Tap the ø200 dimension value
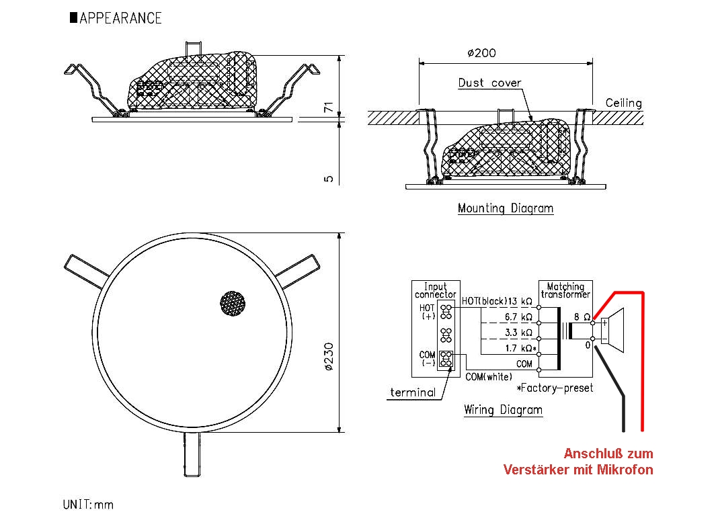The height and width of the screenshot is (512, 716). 481,53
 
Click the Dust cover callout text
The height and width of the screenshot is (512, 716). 489,83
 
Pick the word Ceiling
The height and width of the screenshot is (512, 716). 623,103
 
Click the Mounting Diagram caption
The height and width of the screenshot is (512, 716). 506,208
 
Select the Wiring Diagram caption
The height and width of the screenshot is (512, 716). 503,409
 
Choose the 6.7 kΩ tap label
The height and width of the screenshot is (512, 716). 518,316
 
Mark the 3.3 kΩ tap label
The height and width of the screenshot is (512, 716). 518,332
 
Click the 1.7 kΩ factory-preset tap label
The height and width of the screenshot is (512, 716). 520,348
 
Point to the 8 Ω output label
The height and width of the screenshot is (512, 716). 582,316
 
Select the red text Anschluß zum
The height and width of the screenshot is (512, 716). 608,454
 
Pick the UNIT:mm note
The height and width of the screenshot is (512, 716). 88,503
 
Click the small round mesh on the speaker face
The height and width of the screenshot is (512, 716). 233,304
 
